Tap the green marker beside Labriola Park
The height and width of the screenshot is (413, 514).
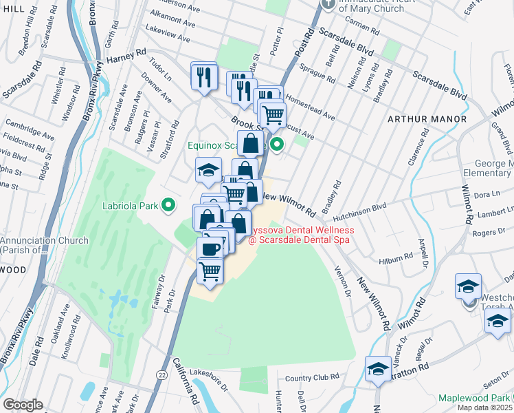pyautogui.click(x=167, y=205)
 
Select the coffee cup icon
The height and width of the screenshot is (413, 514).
pyautogui.click(x=210, y=248)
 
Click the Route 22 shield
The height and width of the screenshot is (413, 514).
pyautogui.click(x=161, y=374)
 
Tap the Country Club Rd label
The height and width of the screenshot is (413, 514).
pyautogui.click(x=312, y=377)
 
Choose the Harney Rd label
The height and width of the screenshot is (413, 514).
pyautogui.click(x=127, y=53)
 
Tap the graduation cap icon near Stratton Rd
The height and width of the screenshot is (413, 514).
pyautogui.click(x=378, y=370)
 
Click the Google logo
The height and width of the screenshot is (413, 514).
pyautogui.click(x=23, y=405)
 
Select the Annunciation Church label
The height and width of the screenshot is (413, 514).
pyautogui.click(x=44, y=245)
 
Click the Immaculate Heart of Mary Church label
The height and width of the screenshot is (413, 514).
pyautogui.click(x=381, y=7)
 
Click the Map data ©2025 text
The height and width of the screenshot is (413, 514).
pyautogui.click(x=485, y=407)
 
